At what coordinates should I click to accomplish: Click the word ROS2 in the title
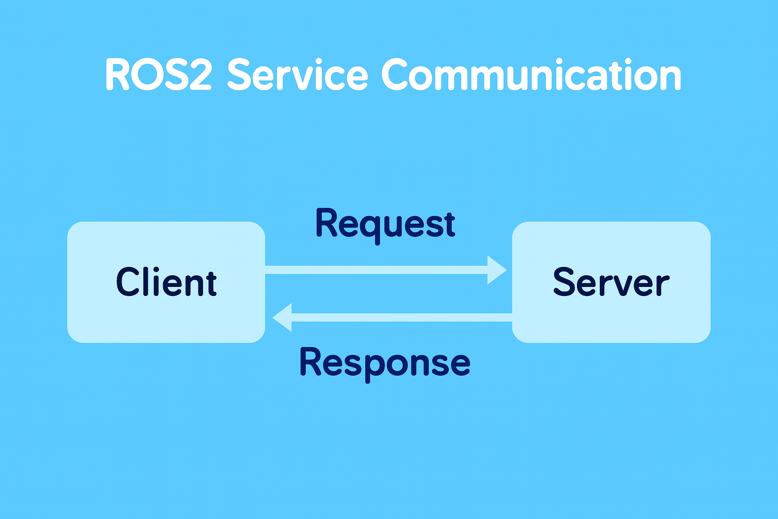point(158,75)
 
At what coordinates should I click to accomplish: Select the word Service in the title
point(298,75)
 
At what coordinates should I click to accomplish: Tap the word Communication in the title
point(531,75)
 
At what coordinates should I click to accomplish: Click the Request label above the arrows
point(385,225)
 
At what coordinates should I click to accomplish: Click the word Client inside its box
point(166,282)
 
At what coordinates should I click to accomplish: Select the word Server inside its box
point(611,282)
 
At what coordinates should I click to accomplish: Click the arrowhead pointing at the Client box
point(283,317)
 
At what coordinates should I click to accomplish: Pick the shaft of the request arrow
point(375,270)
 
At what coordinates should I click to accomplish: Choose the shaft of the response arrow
point(400,317)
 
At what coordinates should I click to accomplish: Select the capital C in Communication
point(395,75)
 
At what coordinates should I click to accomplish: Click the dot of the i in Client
point(156,269)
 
